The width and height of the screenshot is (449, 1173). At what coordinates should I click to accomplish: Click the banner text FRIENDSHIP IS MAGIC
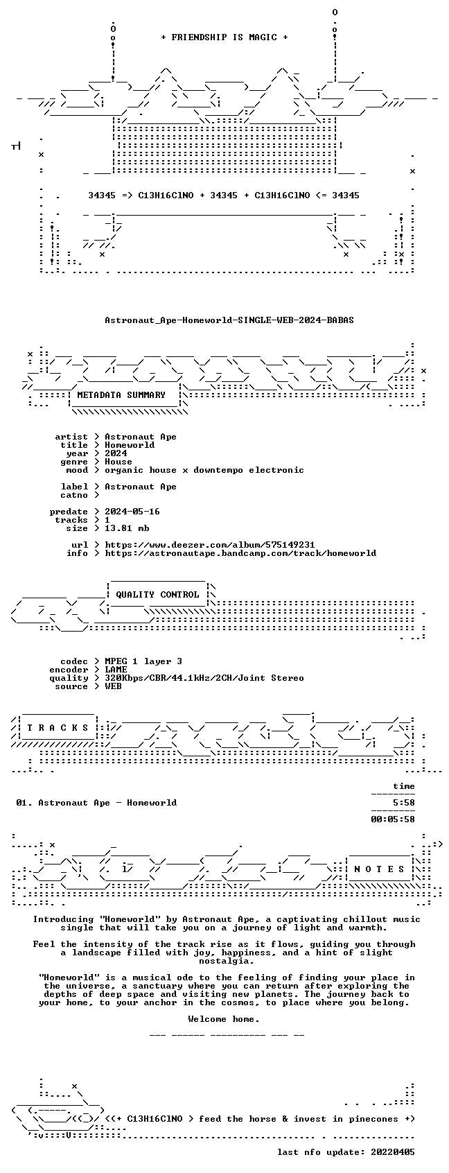pyautogui.click(x=224, y=37)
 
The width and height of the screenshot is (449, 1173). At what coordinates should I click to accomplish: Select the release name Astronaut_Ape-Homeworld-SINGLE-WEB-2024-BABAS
pyautogui.click(x=229, y=320)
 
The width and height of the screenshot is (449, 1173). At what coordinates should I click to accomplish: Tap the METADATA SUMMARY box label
pyautogui.click(x=121, y=395)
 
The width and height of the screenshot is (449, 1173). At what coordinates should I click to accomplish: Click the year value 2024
pyautogui.click(x=116, y=453)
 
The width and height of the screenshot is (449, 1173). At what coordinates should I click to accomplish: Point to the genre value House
pyautogui.click(x=118, y=462)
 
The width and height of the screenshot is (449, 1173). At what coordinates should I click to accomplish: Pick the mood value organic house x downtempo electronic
pyautogui.click(x=204, y=470)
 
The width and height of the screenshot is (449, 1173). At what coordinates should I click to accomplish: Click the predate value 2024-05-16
pyautogui.click(x=132, y=512)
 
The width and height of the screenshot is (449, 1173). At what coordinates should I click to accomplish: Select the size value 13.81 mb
pyautogui.click(x=127, y=528)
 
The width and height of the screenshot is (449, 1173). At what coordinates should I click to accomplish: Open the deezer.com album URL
pyautogui.click(x=210, y=545)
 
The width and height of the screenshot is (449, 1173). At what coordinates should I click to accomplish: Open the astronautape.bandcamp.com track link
pyautogui.click(x=240, y=553)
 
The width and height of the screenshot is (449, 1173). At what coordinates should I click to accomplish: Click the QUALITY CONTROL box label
pyautogui.click(x=157, y=595)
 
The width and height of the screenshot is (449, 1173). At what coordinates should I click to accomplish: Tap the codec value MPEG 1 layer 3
pyautogui.click(x=143, y=661)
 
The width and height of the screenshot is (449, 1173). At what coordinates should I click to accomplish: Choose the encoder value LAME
pyautogui.click(x=116, y=670)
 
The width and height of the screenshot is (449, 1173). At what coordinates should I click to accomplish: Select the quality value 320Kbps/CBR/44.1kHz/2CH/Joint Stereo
pyautogui.click(x=204, y=678)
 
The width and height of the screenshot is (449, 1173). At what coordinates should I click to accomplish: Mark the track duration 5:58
pyautogui.click(x=403, y=803)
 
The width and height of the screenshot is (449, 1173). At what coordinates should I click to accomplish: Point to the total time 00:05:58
pyautogui.click(x=392, y=819)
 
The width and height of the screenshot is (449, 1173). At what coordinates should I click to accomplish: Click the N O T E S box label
pyautogui.click(x=380, y=869)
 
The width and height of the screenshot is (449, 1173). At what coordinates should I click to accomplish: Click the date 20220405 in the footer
pyautogui.click(x=392, y=1152)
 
